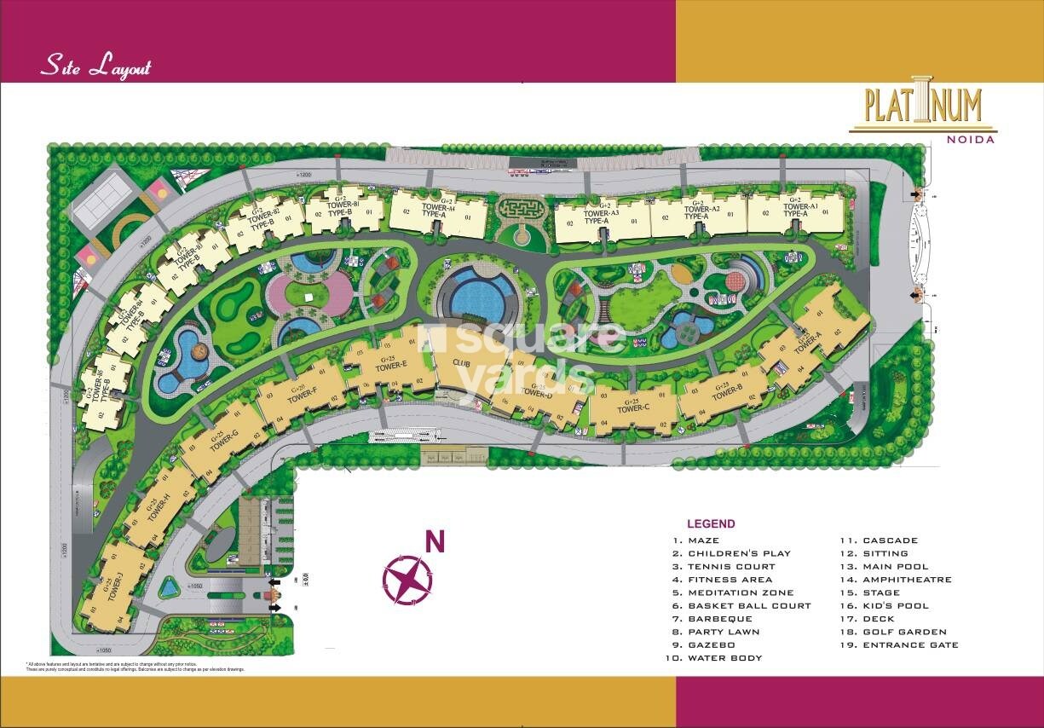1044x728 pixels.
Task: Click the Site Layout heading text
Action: pyautogui.click(x=95, y=67)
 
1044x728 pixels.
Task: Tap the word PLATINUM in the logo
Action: pyautogui.click(x=923, y=107)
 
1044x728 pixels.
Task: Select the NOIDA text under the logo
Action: pyautogui.click(x=974, y=140)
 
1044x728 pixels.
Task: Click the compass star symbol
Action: pyautogui.click(x=407, y=580)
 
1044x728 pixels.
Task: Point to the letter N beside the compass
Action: pyautogui.click(x=435, y=541)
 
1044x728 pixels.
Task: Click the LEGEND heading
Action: pyautogui.click(x=711, y=524)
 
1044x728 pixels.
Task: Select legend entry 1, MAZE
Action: pyautogui.click(x=703, y=540)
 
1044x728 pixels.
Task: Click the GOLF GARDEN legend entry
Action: pyautogui.click(x=904, y=633)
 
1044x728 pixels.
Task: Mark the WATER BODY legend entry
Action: pyautogui.click(x=724, y=658)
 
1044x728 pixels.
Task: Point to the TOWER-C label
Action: pyautogui.click(x=633, y=407)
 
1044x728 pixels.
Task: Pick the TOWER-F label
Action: pyautogui.click(x=303, y=392)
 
